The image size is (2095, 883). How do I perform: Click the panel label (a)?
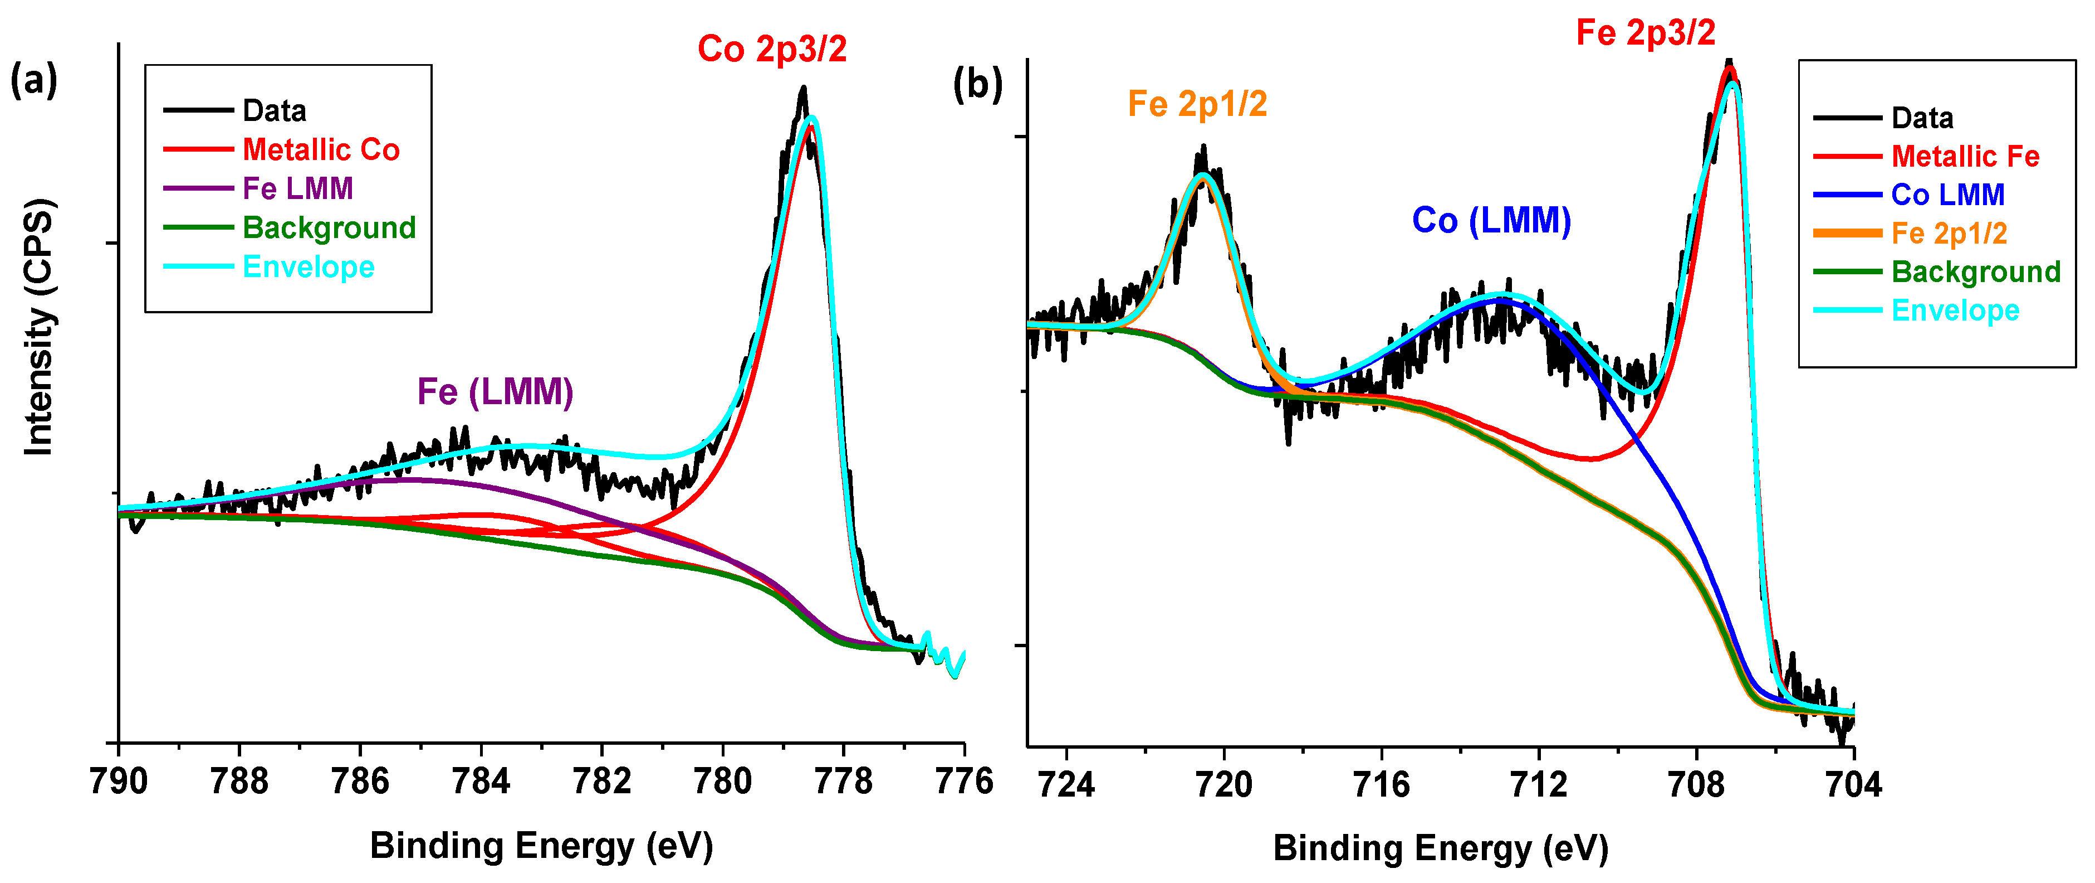point(33,81)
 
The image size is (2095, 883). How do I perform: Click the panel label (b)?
point(977,85)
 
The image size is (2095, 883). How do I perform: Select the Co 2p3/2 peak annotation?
point(772,49)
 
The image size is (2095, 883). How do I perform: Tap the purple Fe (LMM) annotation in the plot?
point(495,392)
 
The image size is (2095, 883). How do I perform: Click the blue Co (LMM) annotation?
point(1491,221)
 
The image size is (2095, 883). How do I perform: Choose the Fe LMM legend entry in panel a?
point(298,189)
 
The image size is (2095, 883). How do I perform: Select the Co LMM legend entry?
point(1948,195)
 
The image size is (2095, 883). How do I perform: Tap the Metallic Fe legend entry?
point(1965,156)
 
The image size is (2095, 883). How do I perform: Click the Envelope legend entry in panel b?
point(1955,310)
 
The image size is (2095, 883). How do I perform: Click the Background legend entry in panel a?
point(329,228)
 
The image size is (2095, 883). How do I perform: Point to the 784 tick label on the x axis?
point(481,782)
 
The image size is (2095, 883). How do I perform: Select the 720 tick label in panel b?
point(1224,784)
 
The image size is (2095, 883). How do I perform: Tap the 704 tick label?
point(1853,784)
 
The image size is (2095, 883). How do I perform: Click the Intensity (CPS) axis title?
point(39,327)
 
